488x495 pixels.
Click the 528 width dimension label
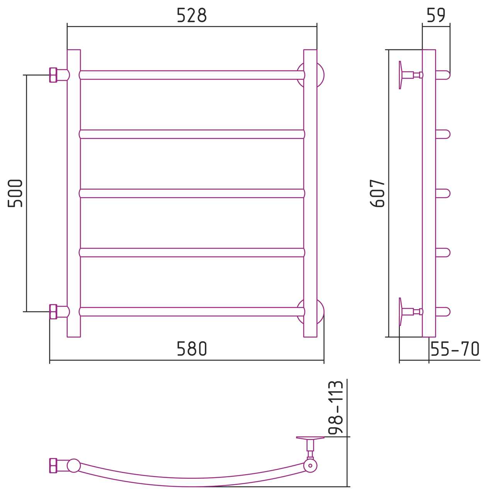tap(192, 15)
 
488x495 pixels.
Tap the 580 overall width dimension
tap(192, 348)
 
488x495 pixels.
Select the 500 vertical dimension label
tap(15, 193)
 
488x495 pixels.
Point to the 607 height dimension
tap(377, 193)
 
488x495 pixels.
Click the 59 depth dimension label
tap(436, 15)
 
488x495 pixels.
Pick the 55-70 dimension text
tap(455, 348)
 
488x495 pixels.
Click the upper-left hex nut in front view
tap(53, 75)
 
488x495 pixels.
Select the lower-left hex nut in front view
tap(53, 312)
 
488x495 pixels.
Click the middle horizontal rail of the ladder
tap(192, 193)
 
